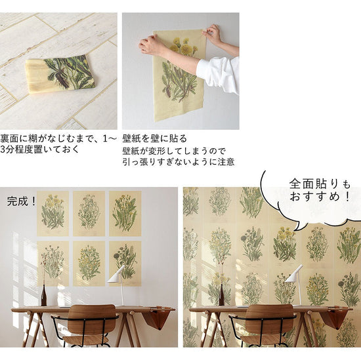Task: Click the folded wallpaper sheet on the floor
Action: click(60, 74)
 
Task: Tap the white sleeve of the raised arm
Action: click(218, 75)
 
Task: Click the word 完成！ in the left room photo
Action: click(21, 201)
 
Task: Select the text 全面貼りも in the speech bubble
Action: click(320, 184)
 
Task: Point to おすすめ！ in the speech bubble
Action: click(320, 197)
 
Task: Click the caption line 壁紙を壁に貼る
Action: click(154, 139)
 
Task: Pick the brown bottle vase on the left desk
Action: click(44, 295)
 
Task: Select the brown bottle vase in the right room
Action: click(221, 295)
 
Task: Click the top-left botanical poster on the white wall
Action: click(53, 214)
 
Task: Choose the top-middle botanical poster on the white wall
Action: click(89, 214)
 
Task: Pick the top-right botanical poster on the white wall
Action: click(125, 214)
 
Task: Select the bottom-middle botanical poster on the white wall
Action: click(89, 264)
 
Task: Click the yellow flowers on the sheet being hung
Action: click(183, 45)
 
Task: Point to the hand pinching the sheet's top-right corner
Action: click(212, 34)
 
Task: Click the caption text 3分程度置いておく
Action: click(39, 150)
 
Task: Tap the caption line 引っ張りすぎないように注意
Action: click(179, 162)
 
